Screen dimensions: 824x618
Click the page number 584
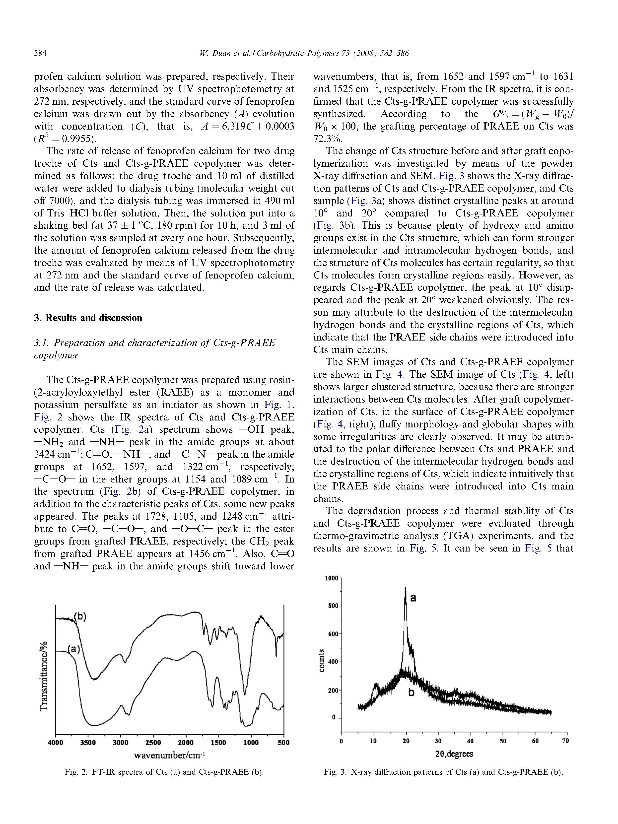click(x=40, y=53)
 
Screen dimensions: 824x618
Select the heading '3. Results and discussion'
click(x=88, y=318)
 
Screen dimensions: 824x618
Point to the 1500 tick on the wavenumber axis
click(x=218, y=743)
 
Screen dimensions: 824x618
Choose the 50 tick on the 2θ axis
click(x=503, y=741)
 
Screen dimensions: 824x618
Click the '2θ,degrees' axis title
click(x=454, y=754)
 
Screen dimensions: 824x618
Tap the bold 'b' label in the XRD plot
click(x=411, y=692)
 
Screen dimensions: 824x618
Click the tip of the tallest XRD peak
click(x=405, y=588)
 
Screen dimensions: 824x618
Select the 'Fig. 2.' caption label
click(x=76, y=772)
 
